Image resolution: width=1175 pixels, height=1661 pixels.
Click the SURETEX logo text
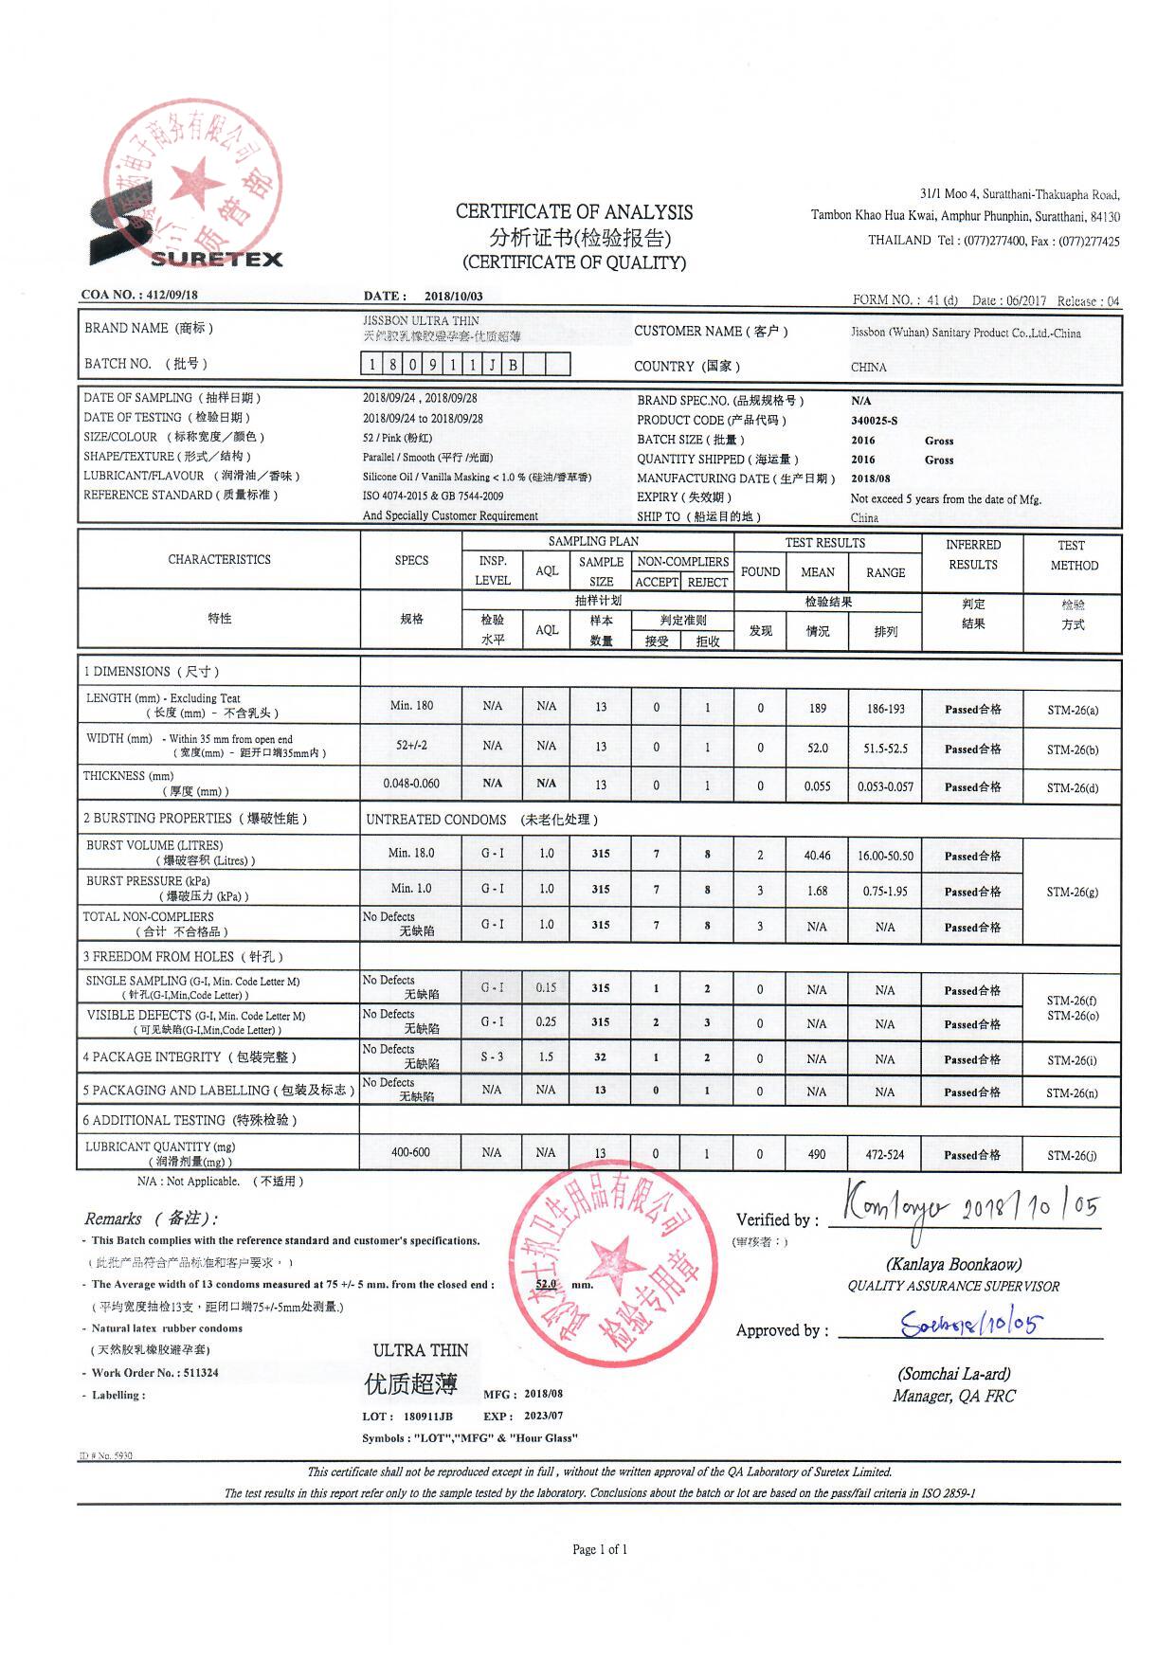216,259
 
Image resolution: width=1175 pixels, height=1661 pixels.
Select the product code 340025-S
874,420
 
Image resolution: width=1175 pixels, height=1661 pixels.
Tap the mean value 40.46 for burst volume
817,856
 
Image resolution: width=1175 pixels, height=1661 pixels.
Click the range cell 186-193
885,708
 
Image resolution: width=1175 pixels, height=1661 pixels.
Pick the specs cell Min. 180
411,705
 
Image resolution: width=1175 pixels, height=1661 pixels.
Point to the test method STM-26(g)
1073,892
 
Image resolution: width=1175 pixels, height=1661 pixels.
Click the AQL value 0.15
546,987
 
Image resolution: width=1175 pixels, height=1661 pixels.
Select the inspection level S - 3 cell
492,1056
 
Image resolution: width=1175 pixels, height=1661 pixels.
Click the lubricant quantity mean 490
817,1154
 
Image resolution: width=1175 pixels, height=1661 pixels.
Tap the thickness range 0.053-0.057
885,786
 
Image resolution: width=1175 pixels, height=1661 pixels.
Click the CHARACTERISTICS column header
219,560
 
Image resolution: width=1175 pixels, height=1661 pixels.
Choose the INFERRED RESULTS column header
972,554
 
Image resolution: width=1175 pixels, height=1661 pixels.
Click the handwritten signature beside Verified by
895,1207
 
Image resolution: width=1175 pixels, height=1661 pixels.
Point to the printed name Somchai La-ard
953,1374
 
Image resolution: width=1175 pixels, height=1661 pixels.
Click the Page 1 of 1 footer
600,1549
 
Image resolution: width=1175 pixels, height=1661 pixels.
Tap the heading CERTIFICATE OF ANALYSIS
573,212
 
